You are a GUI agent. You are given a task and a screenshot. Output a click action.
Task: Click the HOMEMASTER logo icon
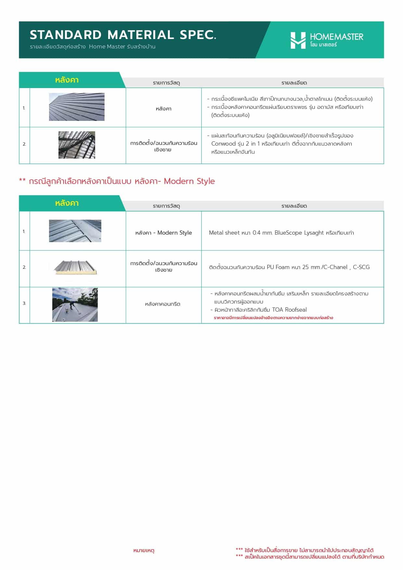click(298, 40)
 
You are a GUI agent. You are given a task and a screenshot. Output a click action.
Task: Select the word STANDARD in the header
click(66, 35)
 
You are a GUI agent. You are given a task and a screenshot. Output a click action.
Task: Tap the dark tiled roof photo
click(77, 107)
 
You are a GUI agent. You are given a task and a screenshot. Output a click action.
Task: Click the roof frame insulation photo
click(77, 145)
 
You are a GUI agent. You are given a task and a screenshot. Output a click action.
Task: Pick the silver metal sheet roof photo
click(75, 231)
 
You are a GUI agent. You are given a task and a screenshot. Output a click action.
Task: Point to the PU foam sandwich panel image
click(75, 267)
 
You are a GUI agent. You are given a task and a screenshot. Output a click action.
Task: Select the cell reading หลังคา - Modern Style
click(163, 233)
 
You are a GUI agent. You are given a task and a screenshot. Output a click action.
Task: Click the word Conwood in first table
click(223, 144)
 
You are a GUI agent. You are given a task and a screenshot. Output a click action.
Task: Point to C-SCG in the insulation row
click(361, 267)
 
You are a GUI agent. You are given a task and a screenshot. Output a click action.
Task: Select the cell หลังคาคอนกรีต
click(162, 304)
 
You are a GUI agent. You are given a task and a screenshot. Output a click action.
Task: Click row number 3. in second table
click(24, 303)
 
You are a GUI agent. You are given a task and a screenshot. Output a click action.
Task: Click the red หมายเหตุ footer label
click(144, 551)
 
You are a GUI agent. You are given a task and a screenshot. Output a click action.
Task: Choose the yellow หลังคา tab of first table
click(67, 80)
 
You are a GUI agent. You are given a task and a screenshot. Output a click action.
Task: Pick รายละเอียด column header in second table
click(294, 206)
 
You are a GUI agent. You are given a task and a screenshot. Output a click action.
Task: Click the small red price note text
click(273, 318)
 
